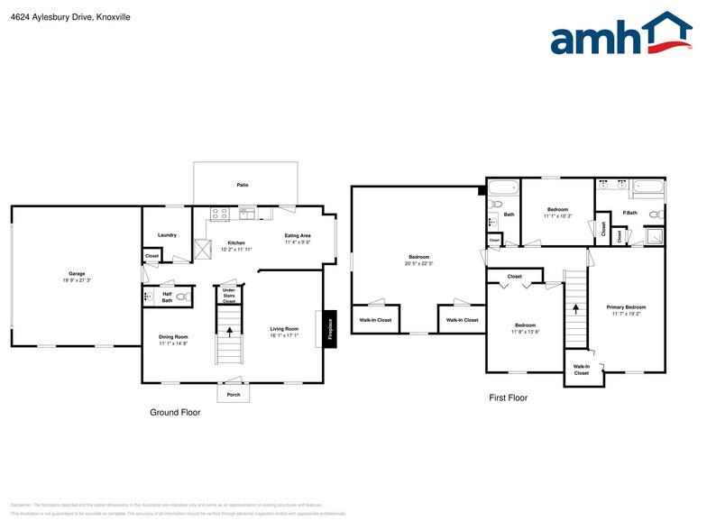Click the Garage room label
tap(77, 273)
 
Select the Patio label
tap(243, 185)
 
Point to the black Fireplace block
tap(330, 328)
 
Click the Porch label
tap(234, 395)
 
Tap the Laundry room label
tap(167, 235)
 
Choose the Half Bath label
tap(167, 297)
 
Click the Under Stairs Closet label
tap(229, 296)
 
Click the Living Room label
tap(284, 329)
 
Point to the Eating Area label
tap(298, 235)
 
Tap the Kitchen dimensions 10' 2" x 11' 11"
tap(236, 249)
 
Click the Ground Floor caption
tap(175, 412)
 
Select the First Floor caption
tap(508, 397)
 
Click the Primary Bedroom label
tap(626, 307)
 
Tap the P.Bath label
tap(630, 214)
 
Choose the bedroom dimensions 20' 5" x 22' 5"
tap(419, 263)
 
